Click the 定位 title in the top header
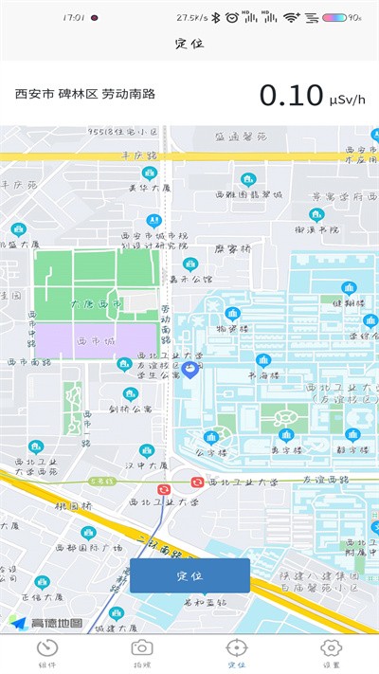[x=189, y=44]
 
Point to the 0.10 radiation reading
[x=291, y=96]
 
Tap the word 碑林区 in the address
[x=78, y=94]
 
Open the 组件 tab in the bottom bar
[x=46, y=653]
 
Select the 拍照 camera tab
[x=142, y=653]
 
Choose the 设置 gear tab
[x=331, y=653]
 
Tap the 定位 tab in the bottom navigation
[x=236, y=653]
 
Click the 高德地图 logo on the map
[x=46, y=623]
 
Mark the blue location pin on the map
[x=189, y=369]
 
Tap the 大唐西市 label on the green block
[x=96, y=303]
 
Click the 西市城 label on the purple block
[x=95, y=339]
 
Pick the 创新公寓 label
[x=130, y=410]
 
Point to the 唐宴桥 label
[x=231, y=249]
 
